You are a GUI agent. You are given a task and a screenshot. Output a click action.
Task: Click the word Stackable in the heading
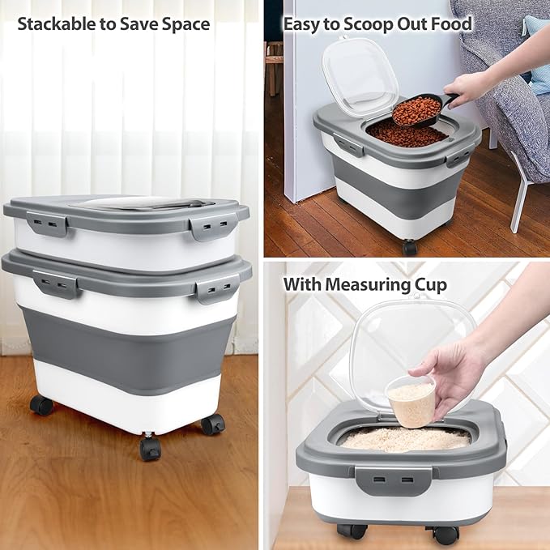[x=54, y=24]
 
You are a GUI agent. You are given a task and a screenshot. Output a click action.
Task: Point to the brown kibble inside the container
[x=405, y=134]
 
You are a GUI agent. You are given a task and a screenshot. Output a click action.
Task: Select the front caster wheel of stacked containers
[x=150, y=446]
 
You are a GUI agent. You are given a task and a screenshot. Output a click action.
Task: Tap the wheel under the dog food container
[x=410, y=246]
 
